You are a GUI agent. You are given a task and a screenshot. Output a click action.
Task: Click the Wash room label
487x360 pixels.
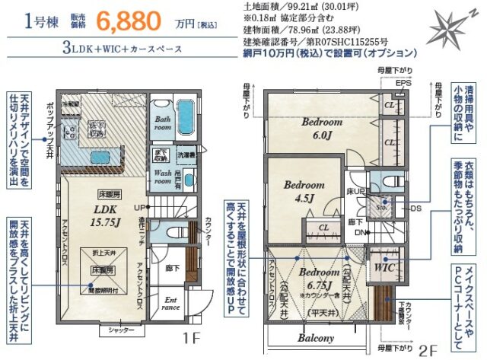(162, 177)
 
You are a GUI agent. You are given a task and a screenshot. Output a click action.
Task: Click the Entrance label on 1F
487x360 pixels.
(170, 304)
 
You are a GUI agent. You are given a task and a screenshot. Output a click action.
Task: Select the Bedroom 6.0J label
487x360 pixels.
(321, 126)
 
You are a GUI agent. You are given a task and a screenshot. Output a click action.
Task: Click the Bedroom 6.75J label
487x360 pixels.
(319, 277)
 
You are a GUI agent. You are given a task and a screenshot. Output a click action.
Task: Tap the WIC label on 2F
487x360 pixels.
(383, 267)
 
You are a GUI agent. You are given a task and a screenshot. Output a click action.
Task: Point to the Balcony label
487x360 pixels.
(316, 338)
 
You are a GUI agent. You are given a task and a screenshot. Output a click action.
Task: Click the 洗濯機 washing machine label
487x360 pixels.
(186, 155)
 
